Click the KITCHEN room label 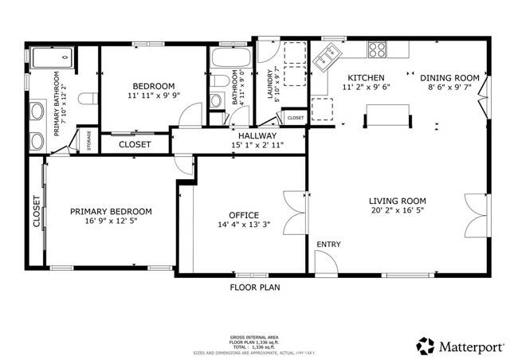point(367,77)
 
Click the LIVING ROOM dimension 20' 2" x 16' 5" point(397,211)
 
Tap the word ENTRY point(328,244)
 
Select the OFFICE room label point(243,215)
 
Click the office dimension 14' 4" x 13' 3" point(243,225)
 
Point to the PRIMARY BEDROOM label point(111,211)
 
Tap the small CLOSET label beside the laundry point(296,118)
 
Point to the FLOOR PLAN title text point(254,286)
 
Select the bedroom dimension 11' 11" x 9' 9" point(153,96)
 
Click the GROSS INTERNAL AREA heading point(254,338)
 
